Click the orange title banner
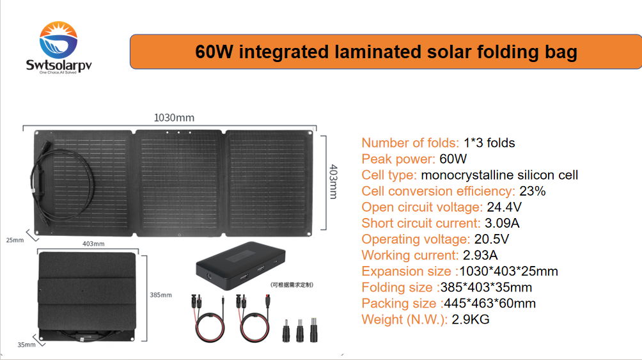click(386, 52)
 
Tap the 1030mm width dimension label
click(173, 118)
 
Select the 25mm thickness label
click(15, 240)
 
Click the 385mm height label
click(161, 295)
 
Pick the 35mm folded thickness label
click(26, 345)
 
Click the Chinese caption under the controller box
click(292, 285)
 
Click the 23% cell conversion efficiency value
click(532, 191)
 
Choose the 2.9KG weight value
click(470, 319)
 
